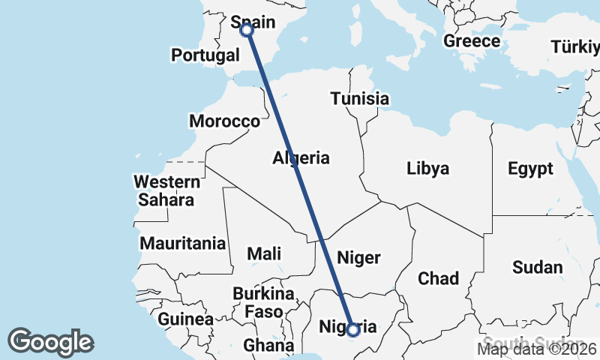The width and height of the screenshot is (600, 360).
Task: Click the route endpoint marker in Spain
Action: pos(247,29)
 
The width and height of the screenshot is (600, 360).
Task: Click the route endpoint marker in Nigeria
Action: pos(353,329)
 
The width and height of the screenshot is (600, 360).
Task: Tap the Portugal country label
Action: pos(205,55)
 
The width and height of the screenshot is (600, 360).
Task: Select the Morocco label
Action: pos(224,121)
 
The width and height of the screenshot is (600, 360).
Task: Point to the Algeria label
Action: pos(301,158)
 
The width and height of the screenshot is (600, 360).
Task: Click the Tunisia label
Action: pos(360,98)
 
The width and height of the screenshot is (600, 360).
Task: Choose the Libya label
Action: pos(428,168)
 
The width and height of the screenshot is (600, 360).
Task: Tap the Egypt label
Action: pos(530,168)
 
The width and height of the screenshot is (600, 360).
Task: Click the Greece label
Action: pos(472,40)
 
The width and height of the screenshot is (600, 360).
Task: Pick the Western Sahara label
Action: pos(166,190)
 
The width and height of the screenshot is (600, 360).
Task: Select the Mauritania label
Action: pos(183,243)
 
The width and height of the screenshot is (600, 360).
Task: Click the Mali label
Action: pos(264,253)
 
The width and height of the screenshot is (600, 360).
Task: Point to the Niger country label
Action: pos(358,257)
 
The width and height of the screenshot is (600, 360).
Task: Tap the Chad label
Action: pos(438,278)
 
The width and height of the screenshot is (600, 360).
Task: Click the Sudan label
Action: pos(537,267)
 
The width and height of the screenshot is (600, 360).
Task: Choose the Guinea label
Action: pos(185,319)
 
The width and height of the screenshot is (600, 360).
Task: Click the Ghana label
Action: pos(268,346)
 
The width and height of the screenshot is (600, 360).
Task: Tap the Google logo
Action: pos(50,342)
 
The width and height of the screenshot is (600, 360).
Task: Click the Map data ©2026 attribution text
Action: pos(537,348)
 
